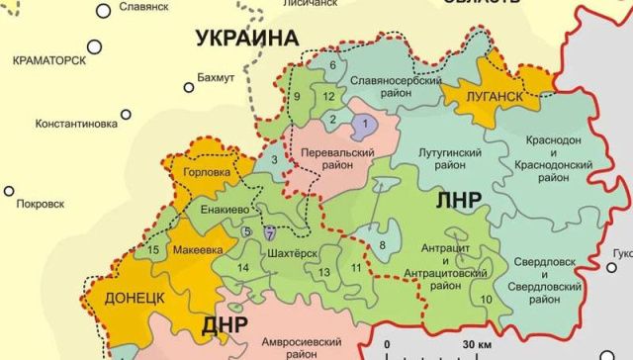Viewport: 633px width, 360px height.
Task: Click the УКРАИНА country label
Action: point(246,39)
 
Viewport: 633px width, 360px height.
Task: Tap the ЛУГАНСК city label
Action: point(483,96)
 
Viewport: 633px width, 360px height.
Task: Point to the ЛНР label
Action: point(458,200)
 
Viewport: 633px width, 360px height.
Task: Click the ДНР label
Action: point(226,326)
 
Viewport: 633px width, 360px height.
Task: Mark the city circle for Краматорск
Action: point(95,45)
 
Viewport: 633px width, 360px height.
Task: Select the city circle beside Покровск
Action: point(9,190)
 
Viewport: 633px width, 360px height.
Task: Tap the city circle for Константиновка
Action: point(127,110)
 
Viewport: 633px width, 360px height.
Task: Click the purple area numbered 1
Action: point(366,124)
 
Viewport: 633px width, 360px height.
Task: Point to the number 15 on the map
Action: point(154,249)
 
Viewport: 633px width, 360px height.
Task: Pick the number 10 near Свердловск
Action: point(486,299)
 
